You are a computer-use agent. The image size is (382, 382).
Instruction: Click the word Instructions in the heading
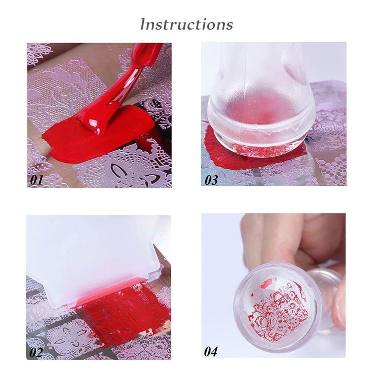186,24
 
